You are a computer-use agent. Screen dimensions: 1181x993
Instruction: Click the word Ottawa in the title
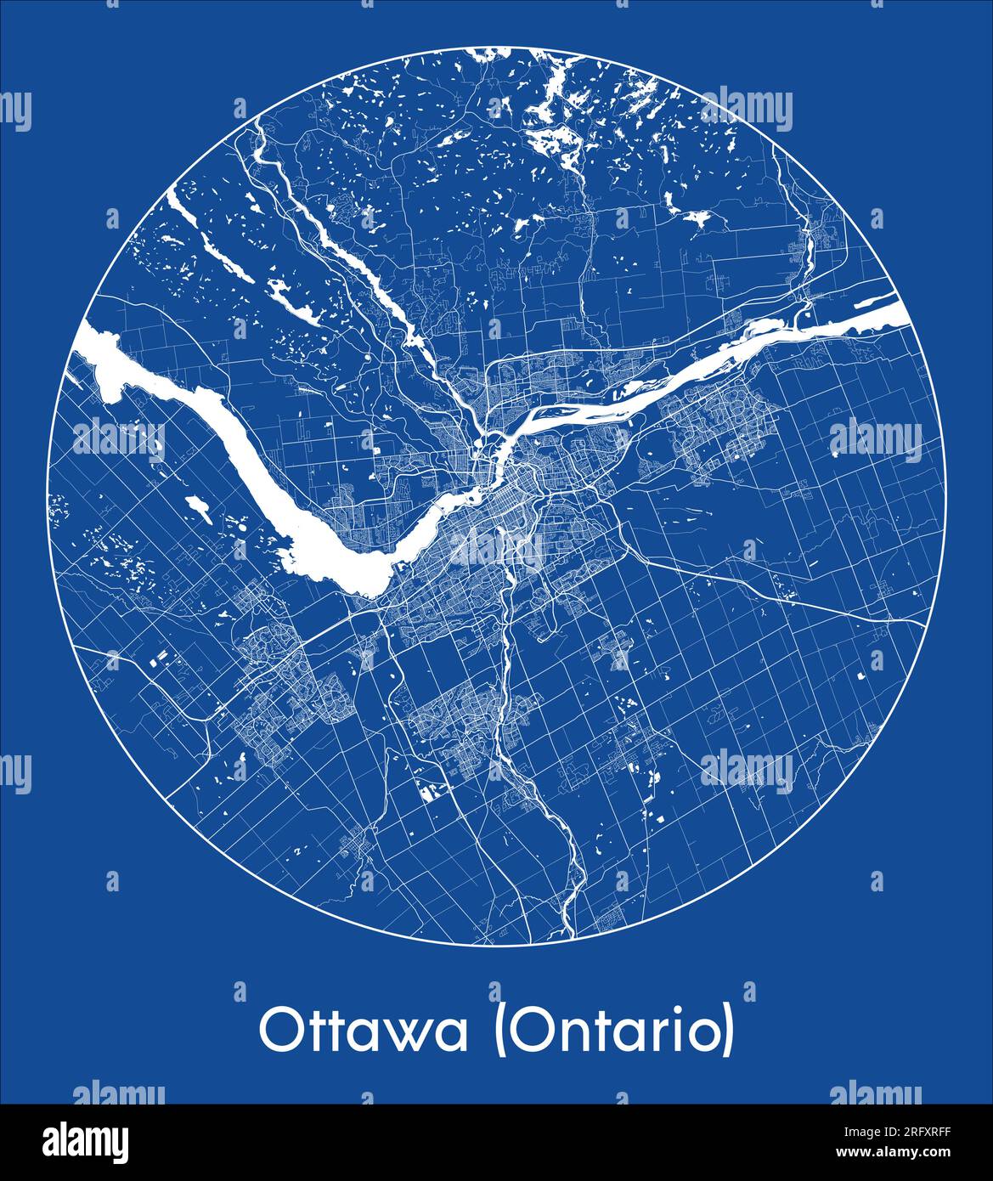click(364, 1031)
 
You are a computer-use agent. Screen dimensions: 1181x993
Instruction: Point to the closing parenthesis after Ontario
click(726, 1031)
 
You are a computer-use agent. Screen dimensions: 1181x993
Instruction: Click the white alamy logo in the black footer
click(86, 1142)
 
